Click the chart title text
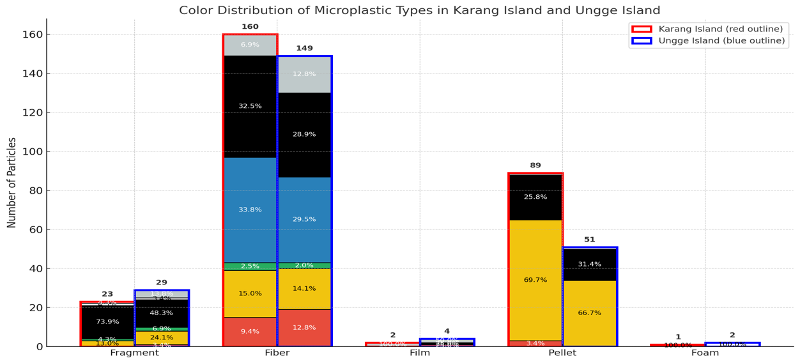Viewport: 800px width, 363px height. tap(419, 10)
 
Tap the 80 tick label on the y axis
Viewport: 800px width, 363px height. tap(33, 190)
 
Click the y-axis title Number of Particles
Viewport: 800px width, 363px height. tap(12, 182)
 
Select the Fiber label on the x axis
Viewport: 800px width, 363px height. tap(277, 353)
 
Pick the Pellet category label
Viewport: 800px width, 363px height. tap(562, 353)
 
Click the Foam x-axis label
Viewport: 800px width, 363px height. tap(705, 353)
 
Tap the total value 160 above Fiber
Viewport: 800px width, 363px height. tap(250, 27)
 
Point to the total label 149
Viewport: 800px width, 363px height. tap(304, 49)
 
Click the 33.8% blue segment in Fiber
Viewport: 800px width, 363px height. tap(250, 210)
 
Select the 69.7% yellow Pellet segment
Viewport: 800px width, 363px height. tap(535, 280)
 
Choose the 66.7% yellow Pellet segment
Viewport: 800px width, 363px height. tap(590, 313)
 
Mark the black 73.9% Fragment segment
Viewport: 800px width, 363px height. tap(107, 322)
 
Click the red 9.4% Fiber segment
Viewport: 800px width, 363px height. tap(250, 332)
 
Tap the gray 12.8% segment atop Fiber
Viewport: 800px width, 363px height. tap(304, 74)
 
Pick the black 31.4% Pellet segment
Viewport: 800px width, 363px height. tap(590, 264)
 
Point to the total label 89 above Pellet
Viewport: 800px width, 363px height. tap(535, 166)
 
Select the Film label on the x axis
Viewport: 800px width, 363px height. tap(419, 353)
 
